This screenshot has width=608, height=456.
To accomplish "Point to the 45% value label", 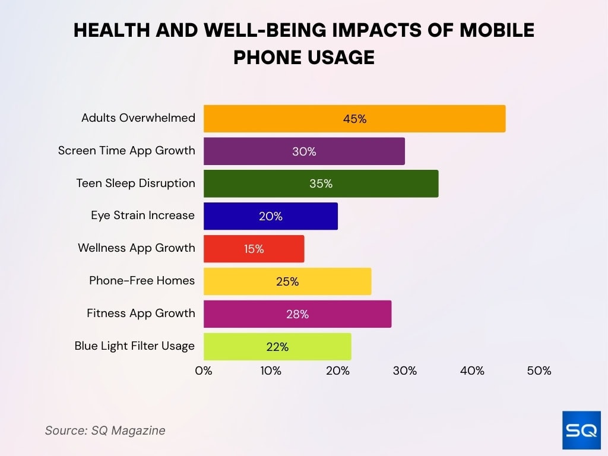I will coord(354,119).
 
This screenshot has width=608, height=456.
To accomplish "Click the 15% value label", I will coord(254,249).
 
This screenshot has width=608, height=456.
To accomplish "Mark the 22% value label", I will coord(277,347).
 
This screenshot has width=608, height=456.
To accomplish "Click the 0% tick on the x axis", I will coord(204,371).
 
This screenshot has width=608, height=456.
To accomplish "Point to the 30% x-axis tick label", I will coord(404,371).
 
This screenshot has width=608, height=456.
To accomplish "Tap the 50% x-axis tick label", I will coord(539,371).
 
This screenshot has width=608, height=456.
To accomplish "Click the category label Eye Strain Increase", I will coord(142,215).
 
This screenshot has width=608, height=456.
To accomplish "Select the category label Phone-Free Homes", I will coord(142,280).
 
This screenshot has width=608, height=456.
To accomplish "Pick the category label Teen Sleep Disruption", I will coord(135,183).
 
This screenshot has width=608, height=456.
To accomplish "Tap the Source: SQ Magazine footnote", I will coord(105,430).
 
